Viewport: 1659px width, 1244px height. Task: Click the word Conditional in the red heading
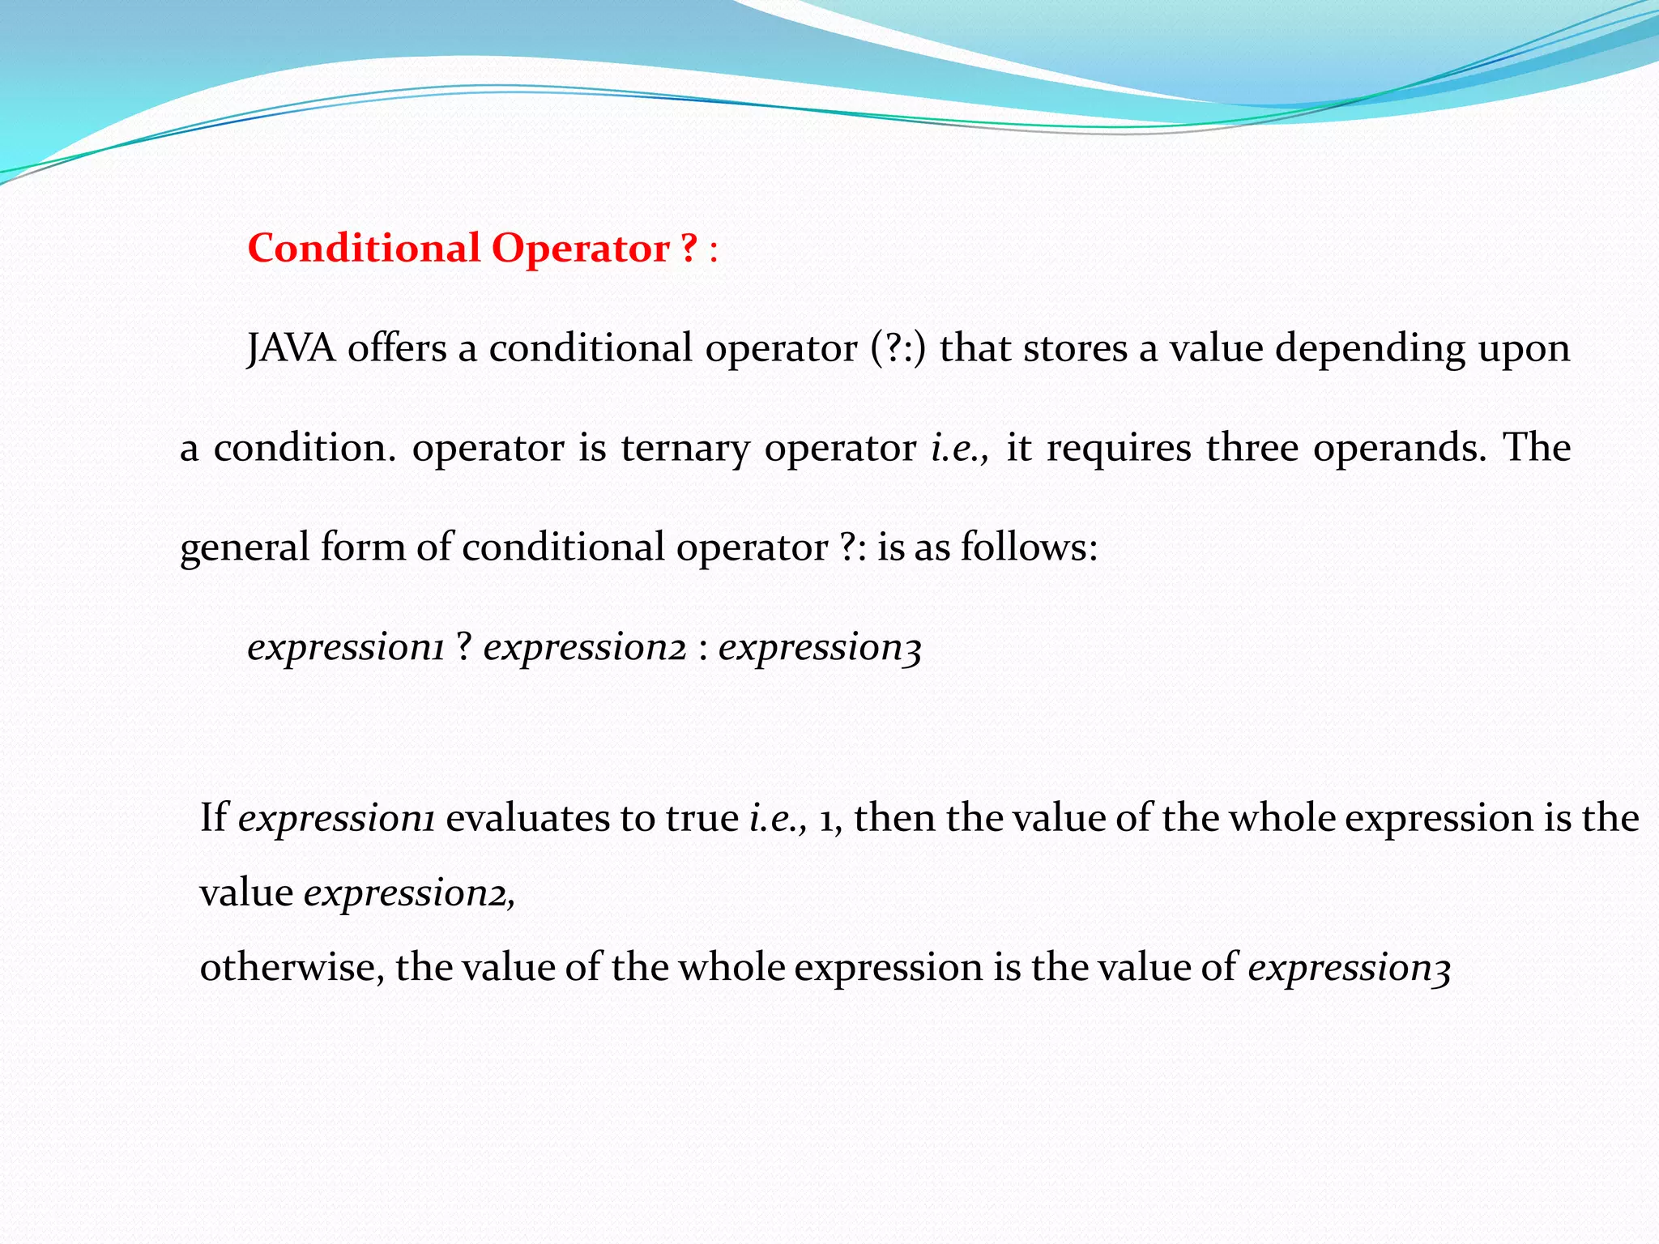(364, 248)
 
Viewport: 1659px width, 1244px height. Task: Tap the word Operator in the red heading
(581, 248)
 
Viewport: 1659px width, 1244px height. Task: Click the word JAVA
(291, 348)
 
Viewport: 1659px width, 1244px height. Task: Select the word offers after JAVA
(397, 348)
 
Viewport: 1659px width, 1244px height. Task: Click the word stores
(1075, 348)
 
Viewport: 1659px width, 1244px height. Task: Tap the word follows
(1029, 547)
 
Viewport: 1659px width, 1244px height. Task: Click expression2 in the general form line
(585, 647)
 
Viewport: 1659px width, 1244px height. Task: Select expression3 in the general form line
(820, 647)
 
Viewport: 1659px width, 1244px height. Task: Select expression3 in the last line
(1349, 967)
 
